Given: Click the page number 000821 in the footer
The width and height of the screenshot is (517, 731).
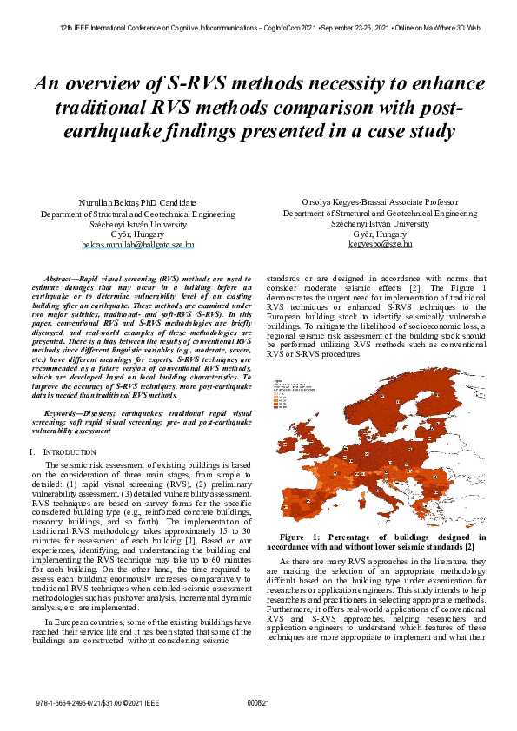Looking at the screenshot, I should click(x=258, y=701).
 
